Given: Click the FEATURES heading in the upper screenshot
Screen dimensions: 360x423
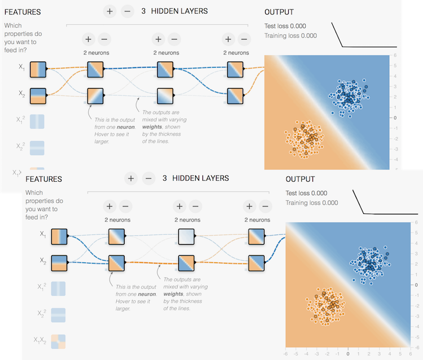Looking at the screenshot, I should [22, 12].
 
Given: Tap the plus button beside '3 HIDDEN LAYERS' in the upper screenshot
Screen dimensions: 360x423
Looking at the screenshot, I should [110, 11].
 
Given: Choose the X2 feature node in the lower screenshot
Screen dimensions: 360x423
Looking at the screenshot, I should [59, 263].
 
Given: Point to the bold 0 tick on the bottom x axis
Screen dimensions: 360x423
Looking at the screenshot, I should [347, 354].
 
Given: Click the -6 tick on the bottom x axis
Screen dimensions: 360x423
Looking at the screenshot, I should [287, 354].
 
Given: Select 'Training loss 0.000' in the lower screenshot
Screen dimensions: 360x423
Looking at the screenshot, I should [312, 203].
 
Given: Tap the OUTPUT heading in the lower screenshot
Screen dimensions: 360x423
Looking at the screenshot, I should [300, 179].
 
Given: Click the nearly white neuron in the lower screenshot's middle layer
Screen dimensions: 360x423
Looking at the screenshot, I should [187, 237].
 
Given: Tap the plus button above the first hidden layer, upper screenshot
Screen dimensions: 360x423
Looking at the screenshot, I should [88, 39].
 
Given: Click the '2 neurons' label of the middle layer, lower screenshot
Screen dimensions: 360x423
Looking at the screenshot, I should [188, 219].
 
